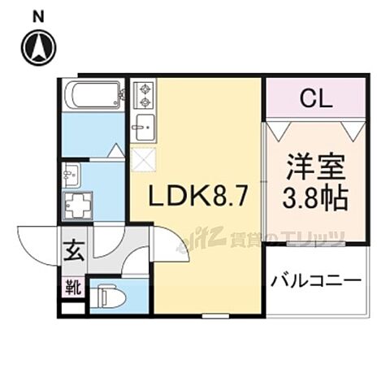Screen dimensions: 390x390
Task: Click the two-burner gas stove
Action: pos(143,96)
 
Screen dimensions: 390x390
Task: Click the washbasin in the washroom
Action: pos(71,172)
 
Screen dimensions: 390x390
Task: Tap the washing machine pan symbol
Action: pos(79,205)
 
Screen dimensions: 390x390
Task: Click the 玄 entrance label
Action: pos(71,252)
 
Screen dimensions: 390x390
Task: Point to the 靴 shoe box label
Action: pos(71,287)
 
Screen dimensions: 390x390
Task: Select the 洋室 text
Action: pos(314,173)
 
